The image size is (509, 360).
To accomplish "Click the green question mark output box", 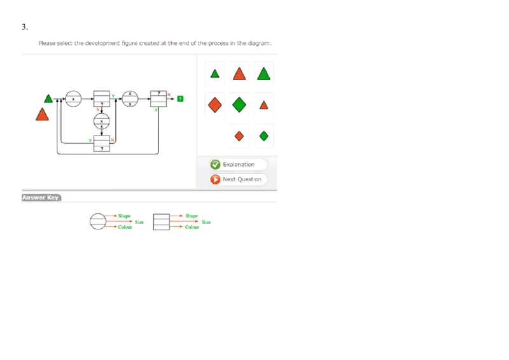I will click(181, 99).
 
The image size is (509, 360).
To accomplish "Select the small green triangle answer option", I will click(215, 74).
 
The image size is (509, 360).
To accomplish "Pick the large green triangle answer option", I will click(263, 73).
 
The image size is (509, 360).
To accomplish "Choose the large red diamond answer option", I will click(215, 104).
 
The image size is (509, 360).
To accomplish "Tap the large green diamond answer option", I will click(239, 104).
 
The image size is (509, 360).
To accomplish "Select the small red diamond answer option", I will click(239, 135).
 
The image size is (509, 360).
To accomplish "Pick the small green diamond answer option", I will click(263, 135).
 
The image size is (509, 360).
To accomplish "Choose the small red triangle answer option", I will click(263, 105).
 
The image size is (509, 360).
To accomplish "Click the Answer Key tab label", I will click(40, 198).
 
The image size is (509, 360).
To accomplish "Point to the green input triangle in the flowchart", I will click(48, 98).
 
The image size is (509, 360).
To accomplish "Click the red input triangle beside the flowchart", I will click(43, 114).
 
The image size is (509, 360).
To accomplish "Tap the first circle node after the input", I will click(73, 99).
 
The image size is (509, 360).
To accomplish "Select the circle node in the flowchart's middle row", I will click(102, 120).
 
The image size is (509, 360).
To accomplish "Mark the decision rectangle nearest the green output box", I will click(158, 98).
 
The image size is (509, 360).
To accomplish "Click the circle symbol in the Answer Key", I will click(98, 221).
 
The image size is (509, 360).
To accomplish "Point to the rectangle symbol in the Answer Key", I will click(162, 221).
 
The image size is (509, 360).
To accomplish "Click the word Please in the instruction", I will click(47, 43).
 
